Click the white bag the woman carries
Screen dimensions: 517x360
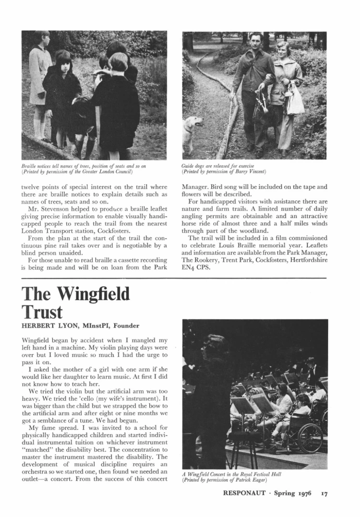[295, 102]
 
